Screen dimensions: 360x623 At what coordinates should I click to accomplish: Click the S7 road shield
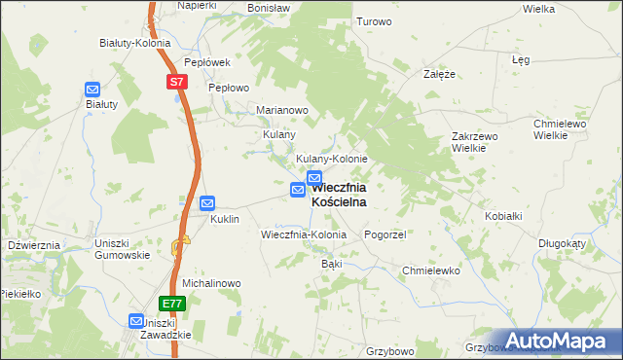coord(175,83)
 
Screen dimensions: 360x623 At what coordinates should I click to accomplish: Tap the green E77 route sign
coord(171,304)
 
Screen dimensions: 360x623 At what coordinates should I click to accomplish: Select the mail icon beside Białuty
coord(92,90)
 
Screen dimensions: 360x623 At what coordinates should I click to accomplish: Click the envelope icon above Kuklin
coord(207,203)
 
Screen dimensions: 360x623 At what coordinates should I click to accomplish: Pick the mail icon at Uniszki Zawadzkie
coord(137,320)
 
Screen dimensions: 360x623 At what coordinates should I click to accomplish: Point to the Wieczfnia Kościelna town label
coord(339,195)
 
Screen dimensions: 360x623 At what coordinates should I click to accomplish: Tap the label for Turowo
coord(374,21)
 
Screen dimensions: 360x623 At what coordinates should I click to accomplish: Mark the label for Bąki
coord(332,264)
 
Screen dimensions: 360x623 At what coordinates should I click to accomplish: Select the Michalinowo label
coord(211,283)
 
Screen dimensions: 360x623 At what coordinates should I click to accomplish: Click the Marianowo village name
coord(282,110)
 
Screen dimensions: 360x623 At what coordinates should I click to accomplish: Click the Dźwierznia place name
coord(34,245)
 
